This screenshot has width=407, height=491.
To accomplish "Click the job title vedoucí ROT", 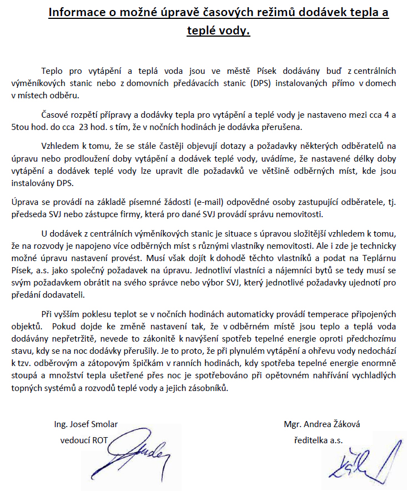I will point(84,440).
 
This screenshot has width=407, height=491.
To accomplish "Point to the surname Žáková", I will point(344,424).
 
